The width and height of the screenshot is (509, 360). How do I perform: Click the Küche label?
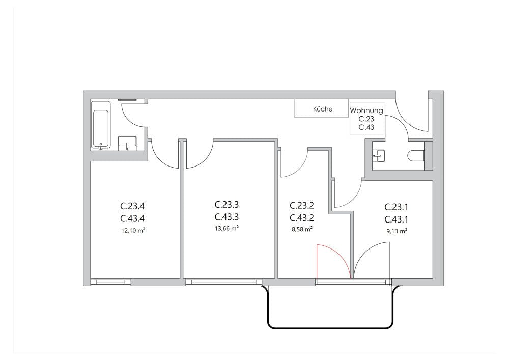(x=323, y=109)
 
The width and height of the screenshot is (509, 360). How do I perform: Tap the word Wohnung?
(x=366, y=110)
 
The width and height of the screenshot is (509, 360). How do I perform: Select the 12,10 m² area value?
(x=132, y=230)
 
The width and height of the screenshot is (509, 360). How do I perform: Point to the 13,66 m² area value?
(x=227, y=229)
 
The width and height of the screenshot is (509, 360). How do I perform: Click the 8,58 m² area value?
(x=301, y=229)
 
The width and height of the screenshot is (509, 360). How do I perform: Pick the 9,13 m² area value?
(x=397, y=231)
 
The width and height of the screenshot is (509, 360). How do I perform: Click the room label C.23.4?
(x=132, y=207)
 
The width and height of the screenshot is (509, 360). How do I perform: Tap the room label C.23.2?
(x=301, y=206)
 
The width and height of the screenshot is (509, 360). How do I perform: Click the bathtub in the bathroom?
(x=101, y=125)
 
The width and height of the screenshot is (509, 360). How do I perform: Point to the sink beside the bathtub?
(x=127, y=143)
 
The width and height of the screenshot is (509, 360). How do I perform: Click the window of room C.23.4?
(x=110, y=281)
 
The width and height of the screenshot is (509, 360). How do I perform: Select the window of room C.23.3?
(x=223, y=281)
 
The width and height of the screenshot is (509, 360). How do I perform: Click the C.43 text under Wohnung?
(x=366, y=127)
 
